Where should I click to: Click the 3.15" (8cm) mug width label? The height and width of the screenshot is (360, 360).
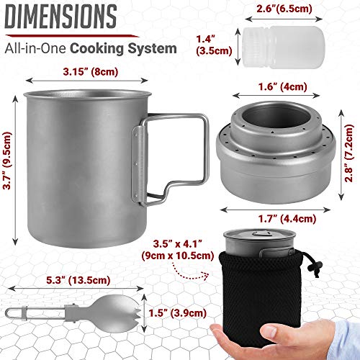click(x=84, y=71)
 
